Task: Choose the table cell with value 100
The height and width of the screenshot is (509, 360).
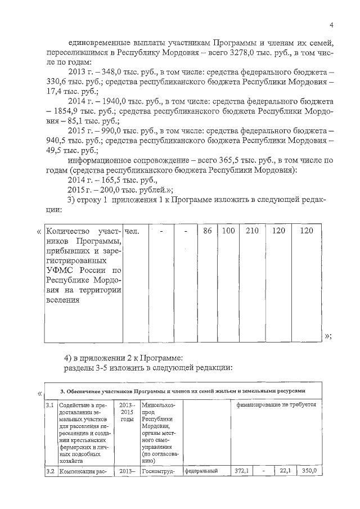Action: tap(228, 231)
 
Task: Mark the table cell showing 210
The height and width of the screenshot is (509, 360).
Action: tap(251, 231)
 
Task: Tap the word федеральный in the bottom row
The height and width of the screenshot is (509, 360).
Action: tap(201, 471)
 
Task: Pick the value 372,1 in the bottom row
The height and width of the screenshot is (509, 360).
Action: tap(243, 471)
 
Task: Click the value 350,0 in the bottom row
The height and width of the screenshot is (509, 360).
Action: tap(310, 471)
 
